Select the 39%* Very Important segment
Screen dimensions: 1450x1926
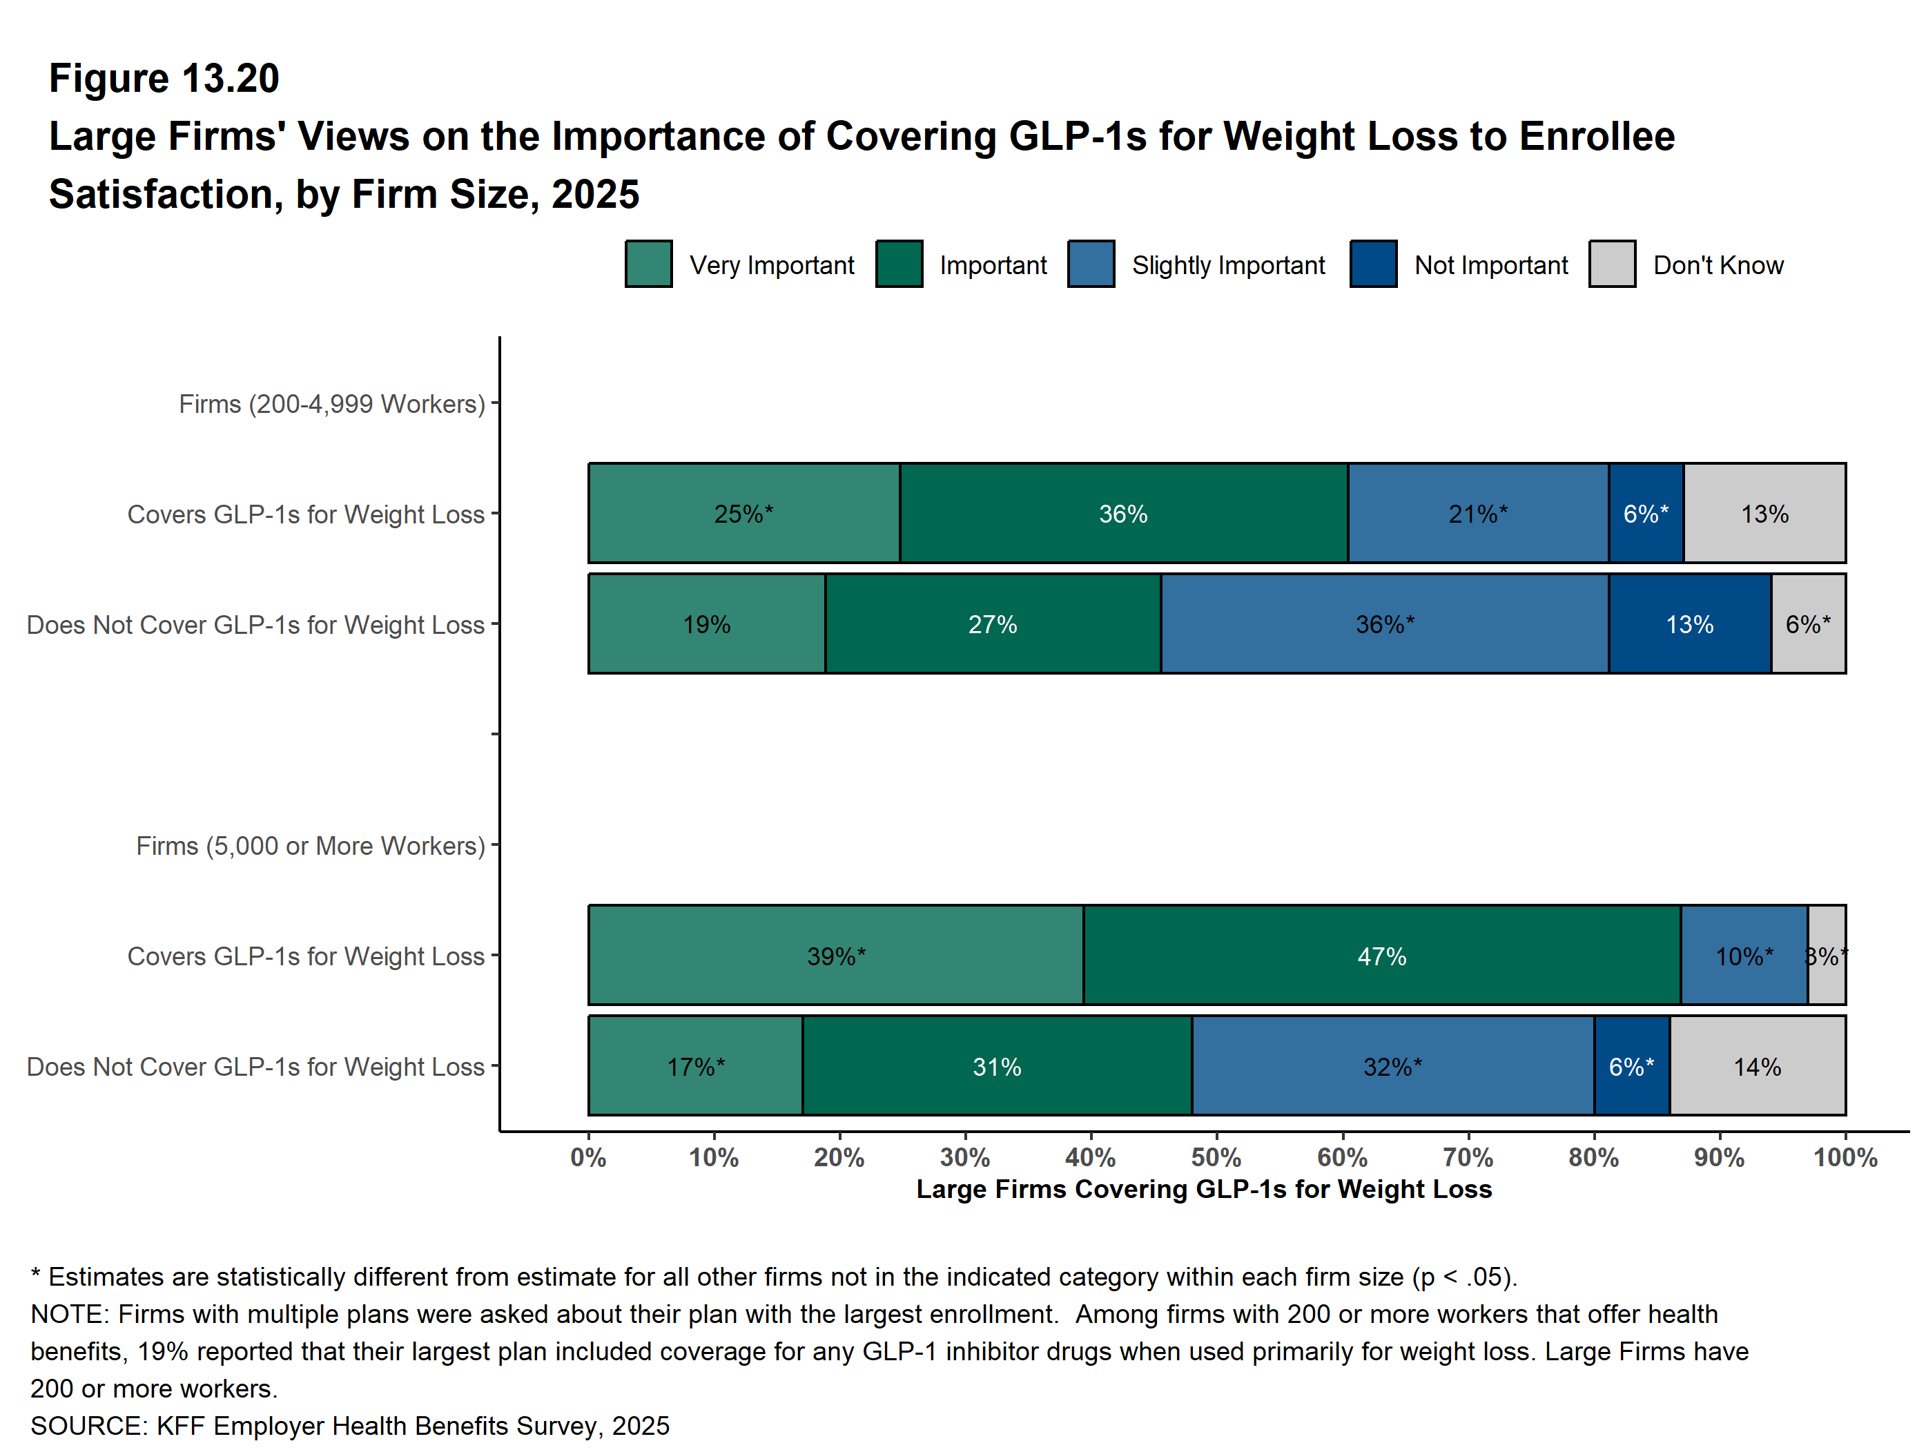pos(836,956)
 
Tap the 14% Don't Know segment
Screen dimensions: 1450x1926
pos(1757,1066)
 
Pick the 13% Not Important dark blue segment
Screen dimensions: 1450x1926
pos(1689,623)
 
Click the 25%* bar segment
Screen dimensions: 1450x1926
pos(743,513)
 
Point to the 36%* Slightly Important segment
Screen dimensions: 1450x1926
pos(1384,623)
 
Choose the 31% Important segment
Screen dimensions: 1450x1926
pos(997,1066)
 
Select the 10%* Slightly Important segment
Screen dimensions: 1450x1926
pos(1744,956)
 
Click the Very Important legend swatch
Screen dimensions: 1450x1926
pos(649,264)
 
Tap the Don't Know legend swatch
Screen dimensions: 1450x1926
pos(1612,264)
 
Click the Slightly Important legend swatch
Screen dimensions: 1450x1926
pos(1091,264)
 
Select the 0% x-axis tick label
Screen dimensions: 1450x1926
pos(589,1157)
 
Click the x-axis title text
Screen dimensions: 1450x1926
pos(1203,1190)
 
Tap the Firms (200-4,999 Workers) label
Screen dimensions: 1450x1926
pos(332,404)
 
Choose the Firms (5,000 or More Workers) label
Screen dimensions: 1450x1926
pos(310,846)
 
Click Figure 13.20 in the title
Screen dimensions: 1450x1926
pos(164,79)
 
